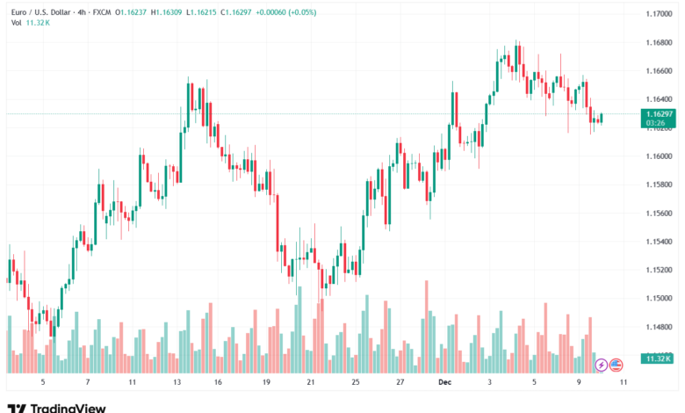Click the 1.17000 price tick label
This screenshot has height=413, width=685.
click(x=659, y=15)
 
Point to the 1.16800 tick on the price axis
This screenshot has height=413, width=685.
click(x=659, y=43)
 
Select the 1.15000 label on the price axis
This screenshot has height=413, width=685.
click(x=659, y=298)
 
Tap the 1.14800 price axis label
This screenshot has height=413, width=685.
click(x=659, y=327)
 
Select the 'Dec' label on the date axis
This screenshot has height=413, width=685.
click(x=443, y=383)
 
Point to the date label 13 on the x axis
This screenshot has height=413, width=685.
click(x=177, y=383)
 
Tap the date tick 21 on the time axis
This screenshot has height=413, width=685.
click(x=311, y=383)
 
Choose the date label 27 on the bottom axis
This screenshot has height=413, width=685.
click(x=400, y=383)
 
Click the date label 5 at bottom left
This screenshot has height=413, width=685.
click(x=43, y=383)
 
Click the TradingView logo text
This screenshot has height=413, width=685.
click(x=68, y=408)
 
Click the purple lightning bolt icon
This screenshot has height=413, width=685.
click(x=601, y=364)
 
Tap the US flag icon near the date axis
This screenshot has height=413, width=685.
click(x=616, y=364)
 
